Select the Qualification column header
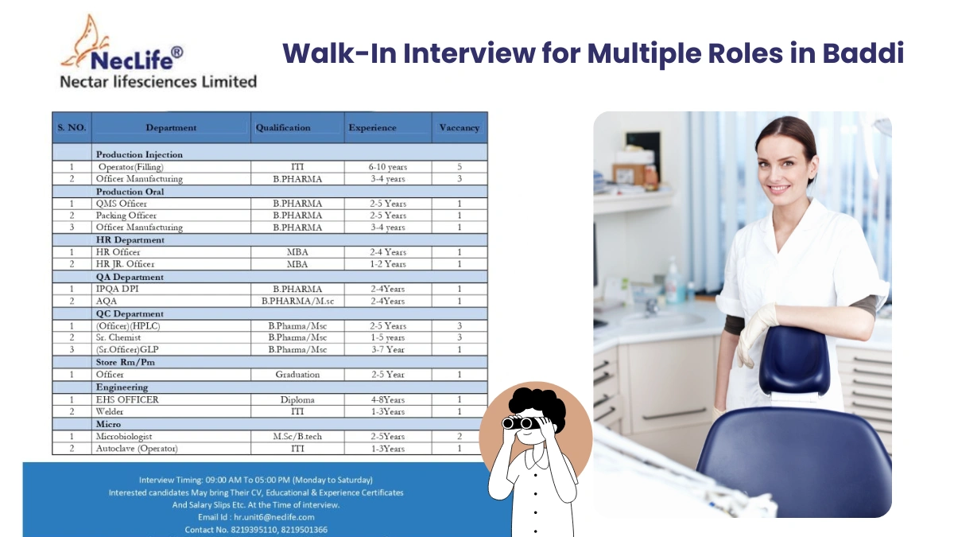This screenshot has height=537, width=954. tap(283, 127)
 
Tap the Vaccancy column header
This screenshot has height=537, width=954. tap(459, 127)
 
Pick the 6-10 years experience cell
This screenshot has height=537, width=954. tap(387, 167)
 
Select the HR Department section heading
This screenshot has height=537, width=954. tap(130, 239)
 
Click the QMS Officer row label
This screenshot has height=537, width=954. tap(121, 204)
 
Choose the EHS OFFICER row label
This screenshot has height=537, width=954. tap(127, 399)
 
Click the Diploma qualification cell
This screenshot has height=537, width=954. tap(297, 399)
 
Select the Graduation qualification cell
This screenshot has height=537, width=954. tap(297, 374)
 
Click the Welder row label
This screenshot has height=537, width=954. tap(111, 411)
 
